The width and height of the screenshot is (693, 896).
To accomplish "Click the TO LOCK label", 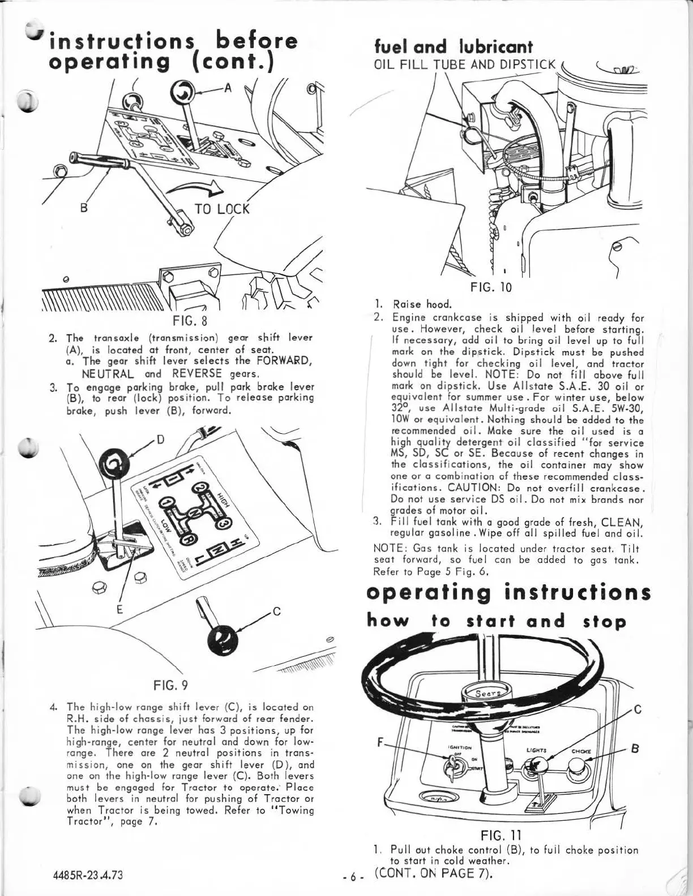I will click(221, 209).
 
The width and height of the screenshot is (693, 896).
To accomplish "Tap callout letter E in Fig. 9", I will click(119, 609).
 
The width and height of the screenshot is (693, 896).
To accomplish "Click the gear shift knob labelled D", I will click(114, 462).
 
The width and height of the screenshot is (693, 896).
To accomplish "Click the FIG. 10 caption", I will click(491, 287).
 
